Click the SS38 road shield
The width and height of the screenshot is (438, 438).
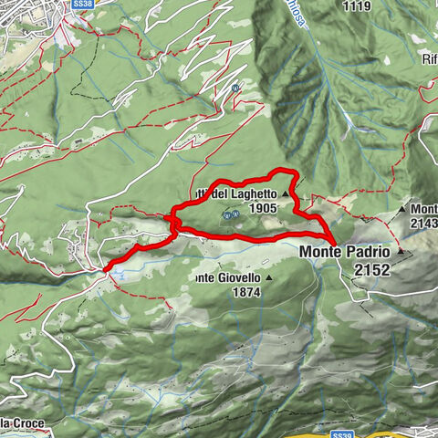click(x=81, y=5)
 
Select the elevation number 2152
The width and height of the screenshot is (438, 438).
click(x=373, y=269)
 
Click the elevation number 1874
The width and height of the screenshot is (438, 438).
click(x=246, y=292)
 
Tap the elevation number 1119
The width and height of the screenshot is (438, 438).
click(x=357, y=5)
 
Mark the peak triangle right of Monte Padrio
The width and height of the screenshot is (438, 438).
click(x=399, y=250)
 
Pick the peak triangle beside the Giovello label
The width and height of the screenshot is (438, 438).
click(x=268, y=276)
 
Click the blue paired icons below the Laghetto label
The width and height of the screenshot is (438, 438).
click(x=230, y=215)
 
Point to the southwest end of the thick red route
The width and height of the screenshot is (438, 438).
click(x=107, y=268)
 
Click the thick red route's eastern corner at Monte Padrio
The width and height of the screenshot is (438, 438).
click(x=335, y=245)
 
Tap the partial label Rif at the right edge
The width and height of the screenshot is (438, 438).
click(x=430, y=60)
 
